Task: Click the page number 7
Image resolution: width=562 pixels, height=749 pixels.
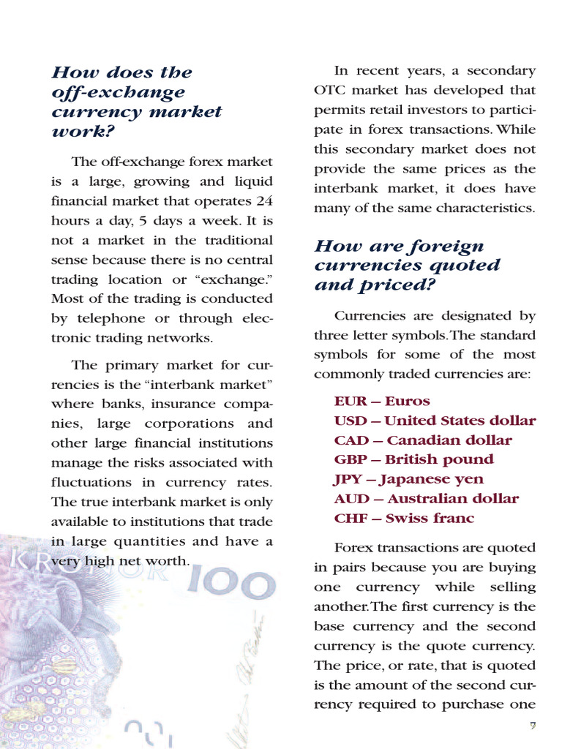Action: click(533, 726)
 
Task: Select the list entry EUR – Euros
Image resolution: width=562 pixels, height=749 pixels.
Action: click(382, 401)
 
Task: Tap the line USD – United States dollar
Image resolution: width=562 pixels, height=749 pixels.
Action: click(435, 421)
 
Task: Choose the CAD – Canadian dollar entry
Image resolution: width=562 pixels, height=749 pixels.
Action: click(423, 440)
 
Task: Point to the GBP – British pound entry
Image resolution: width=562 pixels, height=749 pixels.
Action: click(413, 459)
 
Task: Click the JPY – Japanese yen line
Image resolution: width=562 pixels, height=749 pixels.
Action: click(408, 479)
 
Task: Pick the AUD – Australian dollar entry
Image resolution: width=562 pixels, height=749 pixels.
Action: click(426, 499)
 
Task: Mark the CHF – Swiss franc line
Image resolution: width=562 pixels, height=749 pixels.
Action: click(404, 519)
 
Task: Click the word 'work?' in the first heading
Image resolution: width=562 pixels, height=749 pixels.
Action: click(83, 132)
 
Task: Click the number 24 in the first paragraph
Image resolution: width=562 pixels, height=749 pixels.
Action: click(263, 200)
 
